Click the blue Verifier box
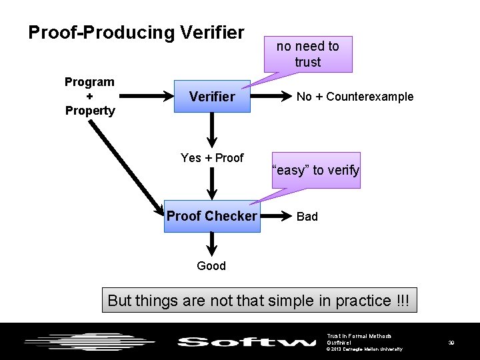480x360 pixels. (x=211, y=97)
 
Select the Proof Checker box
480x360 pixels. (x=211, y=216)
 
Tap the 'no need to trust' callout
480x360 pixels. (x=307, y=54)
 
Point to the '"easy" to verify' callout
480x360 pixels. (x=316, y=170)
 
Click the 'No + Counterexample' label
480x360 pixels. (x=355, y=97)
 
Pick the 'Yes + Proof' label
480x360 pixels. (x=212, y=158)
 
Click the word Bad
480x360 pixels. (x=307, y=217)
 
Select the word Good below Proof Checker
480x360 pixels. (x=211, y=266)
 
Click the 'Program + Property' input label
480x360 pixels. (x=89, y=96)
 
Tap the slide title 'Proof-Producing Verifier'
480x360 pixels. (x=136, y=32)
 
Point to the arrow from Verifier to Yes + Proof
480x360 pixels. (x=212, y=130)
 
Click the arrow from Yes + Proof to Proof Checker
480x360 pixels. (x=212, y=183)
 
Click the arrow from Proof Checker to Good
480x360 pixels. (x=212, y=244)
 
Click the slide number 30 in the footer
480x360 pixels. (x=451, y=342)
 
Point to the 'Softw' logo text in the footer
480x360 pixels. (x=247, y=342)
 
